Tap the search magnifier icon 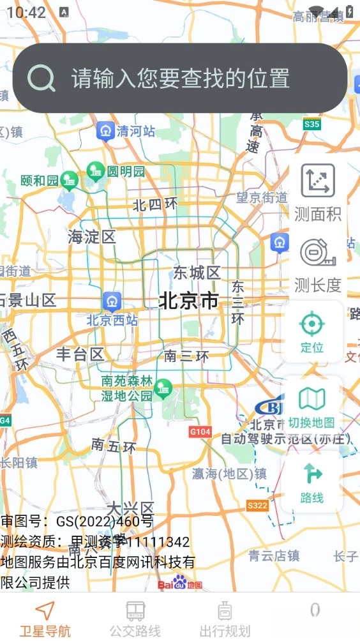tap(41, 78)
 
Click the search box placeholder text tap(181, 79)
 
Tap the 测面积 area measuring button tap(318, 192)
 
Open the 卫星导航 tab tap(45, 619)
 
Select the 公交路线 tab tap(135, 619)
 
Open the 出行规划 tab tap(225, 619)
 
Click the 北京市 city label tap(188, 300)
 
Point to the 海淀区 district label tap(92, 238)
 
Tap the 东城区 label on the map tap(197, 273)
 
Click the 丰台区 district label tap(80, 354)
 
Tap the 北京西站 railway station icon tap(112, 300)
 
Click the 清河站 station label tap(135, 132)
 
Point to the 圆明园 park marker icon tap(96, 171)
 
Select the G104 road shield tap(200, 432)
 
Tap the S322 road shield tap(257, 506)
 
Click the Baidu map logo tap(180, 583)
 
